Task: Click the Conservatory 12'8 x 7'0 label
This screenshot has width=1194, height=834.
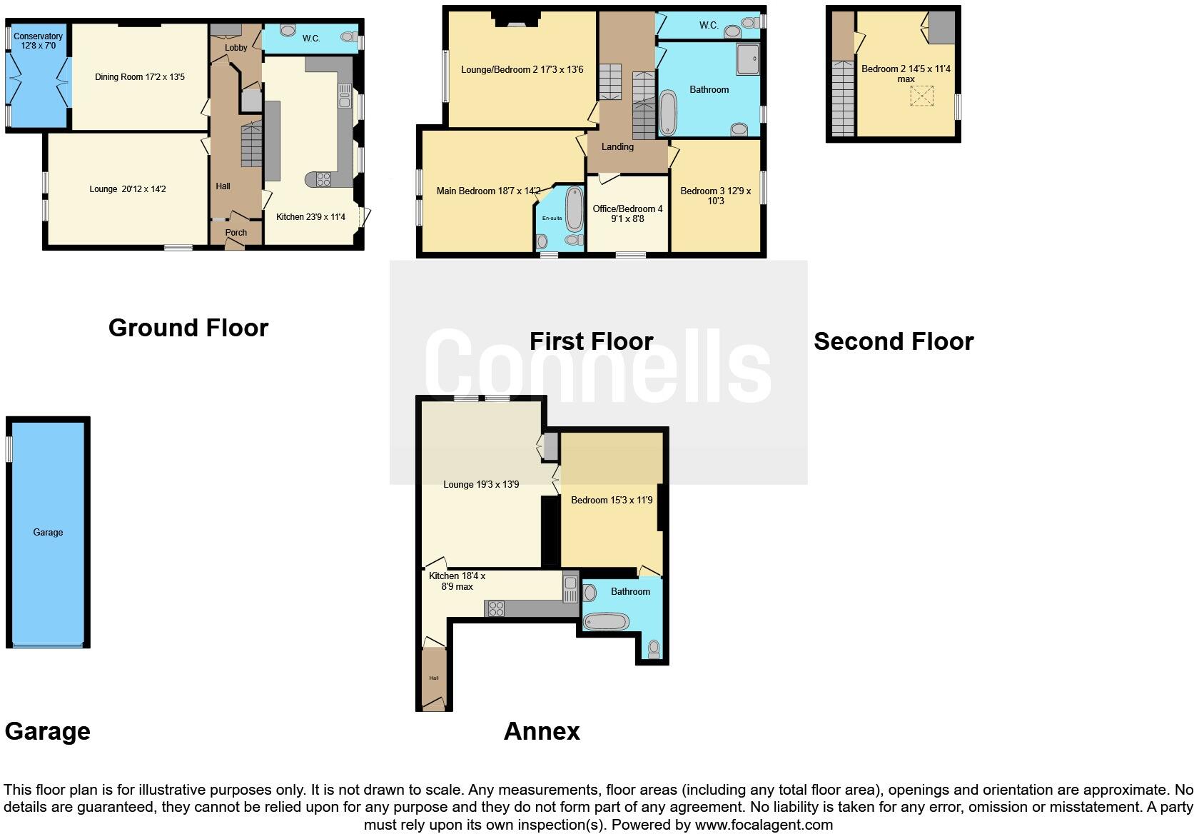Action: pyautogui.click(x=38, y=41)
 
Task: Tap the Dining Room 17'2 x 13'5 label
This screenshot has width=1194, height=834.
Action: pyautogui.click(x=140, y=77)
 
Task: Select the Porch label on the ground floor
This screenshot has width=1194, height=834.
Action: pyautogui.click(x=236, y=233)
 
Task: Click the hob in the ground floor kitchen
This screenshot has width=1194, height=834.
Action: pyautogui.click(x=323, y=180)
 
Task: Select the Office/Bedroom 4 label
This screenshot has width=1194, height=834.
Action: pyautogui.click(x=627, y=213)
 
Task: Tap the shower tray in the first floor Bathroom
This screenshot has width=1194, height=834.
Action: pyautogui.click(x=748, y=59)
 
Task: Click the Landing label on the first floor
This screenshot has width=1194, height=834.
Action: pyautogui.click(x=617, y=146)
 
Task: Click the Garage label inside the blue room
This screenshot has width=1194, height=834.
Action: pyautogui.click(x=48, y=532)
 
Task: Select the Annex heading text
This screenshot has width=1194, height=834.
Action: pyautogui.click(x=542, y=731)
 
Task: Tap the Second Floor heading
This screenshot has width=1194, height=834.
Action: pyautogui.click(x=894, y=341)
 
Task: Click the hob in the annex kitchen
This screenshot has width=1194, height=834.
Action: pyautogui.click(x=495, y=609)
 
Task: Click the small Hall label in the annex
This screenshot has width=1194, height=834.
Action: pyautogui.click(x=433, y=678)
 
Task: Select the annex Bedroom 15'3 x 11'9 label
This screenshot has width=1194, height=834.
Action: pyautogui.click(x=612, y=500)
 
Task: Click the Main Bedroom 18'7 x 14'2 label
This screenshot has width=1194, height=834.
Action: pyautogui.click(x=488, y=191)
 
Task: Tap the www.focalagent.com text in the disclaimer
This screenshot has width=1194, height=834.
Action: pyautogui.click(x=764, y=825)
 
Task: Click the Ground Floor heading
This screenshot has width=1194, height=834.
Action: pyautogui.click(x=188, y=328)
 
